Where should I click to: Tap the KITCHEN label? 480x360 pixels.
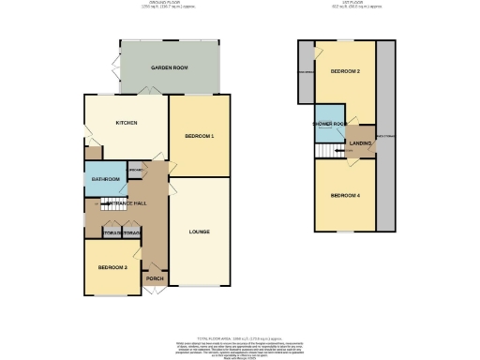(x=127, y=123)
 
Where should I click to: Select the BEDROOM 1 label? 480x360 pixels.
(x=200, y=137)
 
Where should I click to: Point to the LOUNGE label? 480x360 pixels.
(x=199, y=232)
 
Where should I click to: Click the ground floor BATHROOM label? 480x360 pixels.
(x=105, y=179)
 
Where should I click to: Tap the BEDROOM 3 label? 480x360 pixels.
(x=112, y=267)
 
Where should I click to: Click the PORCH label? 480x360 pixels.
(x=154, y=277)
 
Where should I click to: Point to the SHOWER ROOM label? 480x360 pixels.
(x=331, y=124)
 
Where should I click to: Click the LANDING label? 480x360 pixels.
(x=360, y=143)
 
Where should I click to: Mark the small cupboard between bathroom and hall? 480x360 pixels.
(x=135, y=171)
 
